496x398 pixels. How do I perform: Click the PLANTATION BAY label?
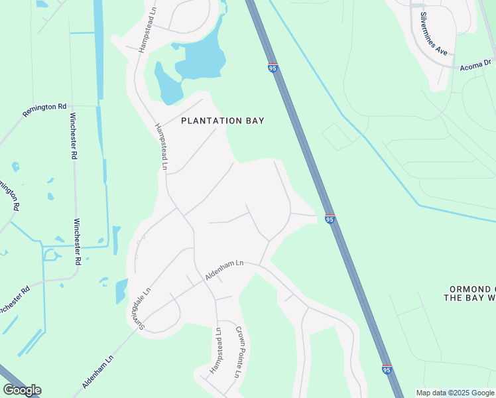coord(223,121)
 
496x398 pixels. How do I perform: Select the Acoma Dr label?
coord(475,64)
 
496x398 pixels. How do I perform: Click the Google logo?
coord(22,390)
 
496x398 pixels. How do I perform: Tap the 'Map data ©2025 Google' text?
coord(456,393)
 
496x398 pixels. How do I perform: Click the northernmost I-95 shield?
coord(273,68)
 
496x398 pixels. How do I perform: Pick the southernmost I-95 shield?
coord(387,369)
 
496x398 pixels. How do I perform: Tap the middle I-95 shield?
coord(330,219)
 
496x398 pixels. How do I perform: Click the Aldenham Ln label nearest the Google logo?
coord(98,371)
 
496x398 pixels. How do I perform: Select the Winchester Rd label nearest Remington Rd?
coord(72,136)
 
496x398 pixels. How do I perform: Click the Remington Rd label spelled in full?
coord(44,109)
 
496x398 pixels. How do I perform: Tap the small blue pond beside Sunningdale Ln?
coord(121,291)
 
